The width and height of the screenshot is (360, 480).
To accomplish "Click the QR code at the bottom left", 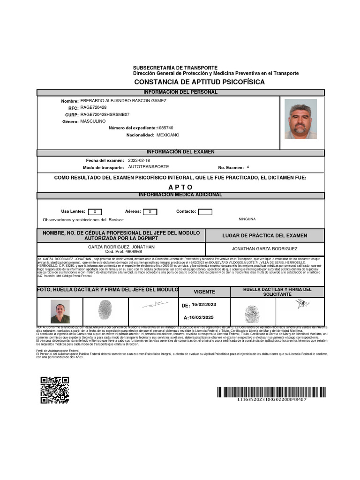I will pyautogui.click(x=54, y=390).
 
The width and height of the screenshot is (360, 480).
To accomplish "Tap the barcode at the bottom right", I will pyautogui.click(x=271, y=392).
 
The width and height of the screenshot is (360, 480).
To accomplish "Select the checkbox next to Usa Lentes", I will pyautogui.click(x=95, y=212).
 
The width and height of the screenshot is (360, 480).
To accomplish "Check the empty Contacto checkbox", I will pyautogui.click(x=205, y=212).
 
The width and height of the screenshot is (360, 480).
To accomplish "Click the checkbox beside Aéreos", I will pyautogui.click(x=150, y=212).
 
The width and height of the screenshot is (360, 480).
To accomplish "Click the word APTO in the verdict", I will pyautogui.click(x=180, y=187).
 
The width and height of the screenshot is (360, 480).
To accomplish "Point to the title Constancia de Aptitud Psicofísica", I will pyautogui.click(x=199, y=82).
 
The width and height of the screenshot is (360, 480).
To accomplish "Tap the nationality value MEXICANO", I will pyautogui.click(x=168, y=135).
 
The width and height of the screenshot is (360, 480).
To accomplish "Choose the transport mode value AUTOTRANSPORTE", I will pyautogui.click(x=148, y=167).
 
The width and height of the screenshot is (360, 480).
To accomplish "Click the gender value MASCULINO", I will pyautogui.click(x=93, y=121).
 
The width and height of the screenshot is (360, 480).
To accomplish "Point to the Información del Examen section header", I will pyautogui.click(x=180, y=152).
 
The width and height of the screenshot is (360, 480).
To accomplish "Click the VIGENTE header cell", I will pyautogui.click(x=204, y=292).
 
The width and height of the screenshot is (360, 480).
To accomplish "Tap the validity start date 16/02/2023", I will pyautogui.click(x=204, y=305).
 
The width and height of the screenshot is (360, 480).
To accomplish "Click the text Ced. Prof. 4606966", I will pyautogui.click(x=121, y=252).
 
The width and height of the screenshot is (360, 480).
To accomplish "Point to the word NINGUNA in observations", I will pyautogui.click(x=247, y=219).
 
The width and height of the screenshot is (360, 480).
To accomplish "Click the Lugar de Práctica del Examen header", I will pyautogui.click(x=264, y=235).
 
